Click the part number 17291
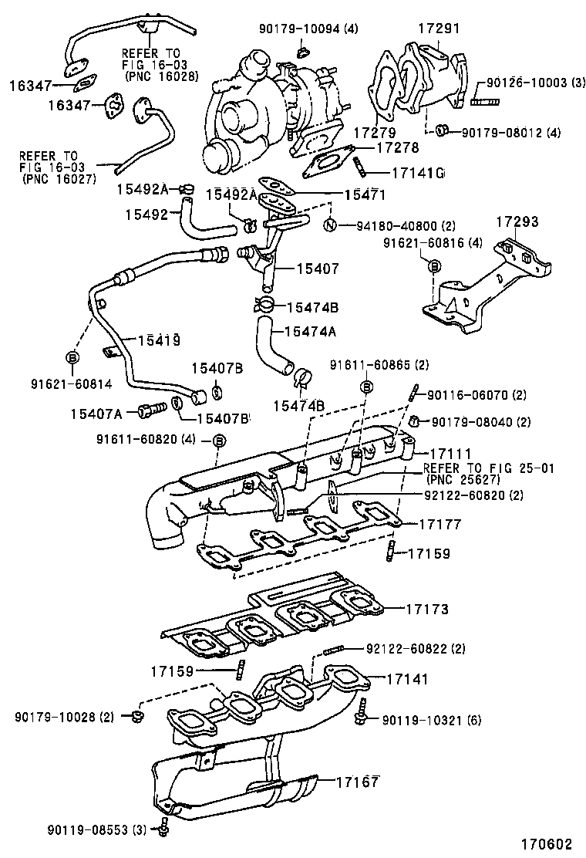(x=439, y=29)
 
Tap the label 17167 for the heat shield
(x=357, y=782)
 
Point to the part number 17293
(x=517, y=221)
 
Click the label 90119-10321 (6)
(x=431, y=721)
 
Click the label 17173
(x=428, y=609)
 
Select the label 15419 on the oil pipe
(x=160, y=339)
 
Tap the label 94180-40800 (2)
(x=406, y=226)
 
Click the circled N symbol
(x=329, y=226)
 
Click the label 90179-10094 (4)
(x=309, y=29)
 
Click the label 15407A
(x=96, y=414)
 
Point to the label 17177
(x=439, y=524)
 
